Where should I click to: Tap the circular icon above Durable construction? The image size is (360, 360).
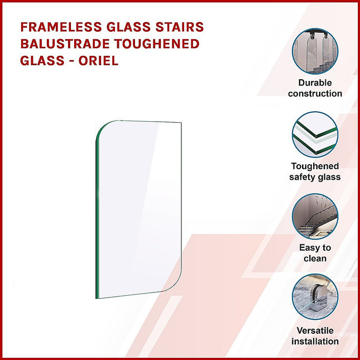315,51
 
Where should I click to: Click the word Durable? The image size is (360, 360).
315,83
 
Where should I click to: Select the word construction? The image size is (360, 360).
315,93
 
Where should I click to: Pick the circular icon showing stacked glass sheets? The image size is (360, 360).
315,135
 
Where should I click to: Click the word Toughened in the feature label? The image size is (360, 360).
315,166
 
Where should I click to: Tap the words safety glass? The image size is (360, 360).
315,177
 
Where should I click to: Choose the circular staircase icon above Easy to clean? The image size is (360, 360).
315,216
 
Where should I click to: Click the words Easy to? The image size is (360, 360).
315,248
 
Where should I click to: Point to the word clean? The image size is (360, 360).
315,258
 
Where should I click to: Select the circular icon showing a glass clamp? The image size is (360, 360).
315,297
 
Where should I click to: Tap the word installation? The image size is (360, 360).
315,340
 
